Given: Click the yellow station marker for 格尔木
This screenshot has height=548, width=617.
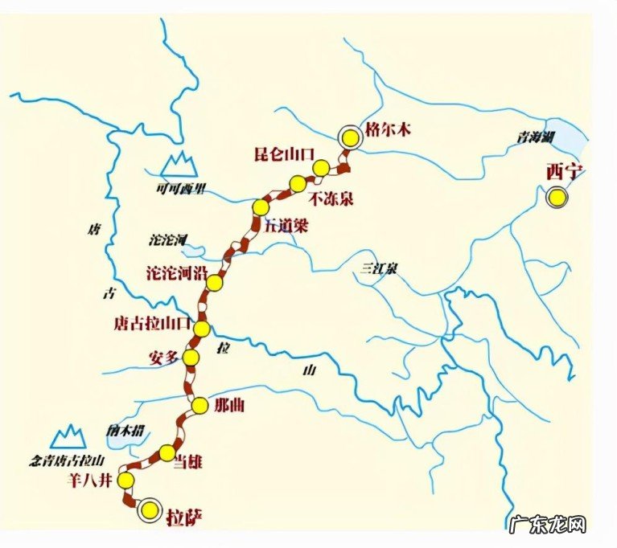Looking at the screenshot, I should (x=349, y=137).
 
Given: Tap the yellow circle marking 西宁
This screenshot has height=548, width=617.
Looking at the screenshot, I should (x=556, y=197).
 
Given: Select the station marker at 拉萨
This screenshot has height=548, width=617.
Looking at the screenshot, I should (x=148, y=509).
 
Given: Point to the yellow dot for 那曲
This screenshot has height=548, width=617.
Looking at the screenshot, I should (x=200, y=404).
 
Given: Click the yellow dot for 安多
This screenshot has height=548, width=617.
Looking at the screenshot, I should (x=191, y=358).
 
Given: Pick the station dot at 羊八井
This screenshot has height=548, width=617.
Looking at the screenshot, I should (x=125, y=481).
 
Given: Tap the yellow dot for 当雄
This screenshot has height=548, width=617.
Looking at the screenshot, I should (x=167, y=451).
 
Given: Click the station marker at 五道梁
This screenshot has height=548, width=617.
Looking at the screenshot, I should (x=260, y=207).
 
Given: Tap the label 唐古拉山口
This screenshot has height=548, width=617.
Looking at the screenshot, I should (x=152, y=324).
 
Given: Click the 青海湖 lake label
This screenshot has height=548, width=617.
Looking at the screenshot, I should (x=536, y=137).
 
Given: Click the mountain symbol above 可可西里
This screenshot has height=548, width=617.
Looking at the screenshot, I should (x=179, y=164).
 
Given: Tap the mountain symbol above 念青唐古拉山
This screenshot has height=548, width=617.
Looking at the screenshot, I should (x=68, y=436).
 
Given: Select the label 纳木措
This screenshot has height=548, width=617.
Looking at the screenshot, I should (x=123, y=430).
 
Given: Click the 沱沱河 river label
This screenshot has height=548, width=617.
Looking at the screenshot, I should (x=168, y=239).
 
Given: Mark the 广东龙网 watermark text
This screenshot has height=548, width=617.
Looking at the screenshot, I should (x=549, y=524).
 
